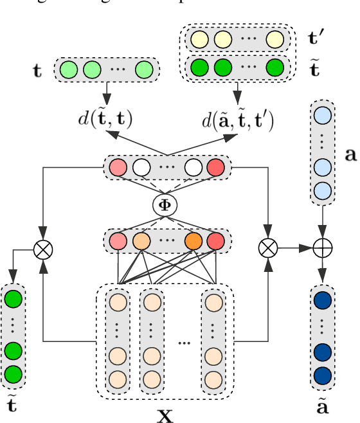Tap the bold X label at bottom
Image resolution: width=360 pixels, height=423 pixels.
[166, 415]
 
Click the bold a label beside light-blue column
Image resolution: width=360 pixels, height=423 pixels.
[350, 154]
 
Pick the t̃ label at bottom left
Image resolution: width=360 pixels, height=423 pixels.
[13, 405]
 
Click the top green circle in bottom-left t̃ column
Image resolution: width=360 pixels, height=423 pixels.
[13, 300]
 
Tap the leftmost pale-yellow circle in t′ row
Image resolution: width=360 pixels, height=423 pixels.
[197, 40]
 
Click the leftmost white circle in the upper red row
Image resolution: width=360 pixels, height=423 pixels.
[141, 169]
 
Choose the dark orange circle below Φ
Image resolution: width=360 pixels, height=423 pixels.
[193, 243]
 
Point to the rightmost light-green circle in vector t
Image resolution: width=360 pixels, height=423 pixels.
[145, 68]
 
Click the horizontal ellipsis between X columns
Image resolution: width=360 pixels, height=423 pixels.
[185, 343]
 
